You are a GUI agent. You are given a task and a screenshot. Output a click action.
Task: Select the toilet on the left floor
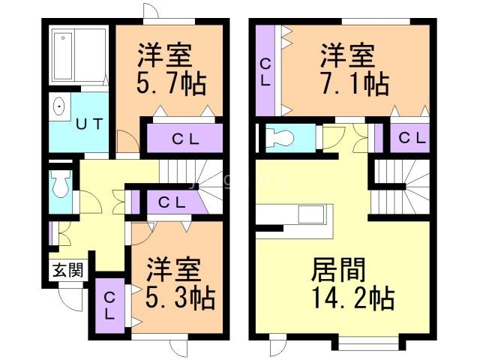tap(60, 182)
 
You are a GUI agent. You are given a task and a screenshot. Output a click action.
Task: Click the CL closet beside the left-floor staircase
tap(172, 202)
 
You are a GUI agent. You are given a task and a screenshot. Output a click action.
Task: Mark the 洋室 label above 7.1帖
tap(349, 54)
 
